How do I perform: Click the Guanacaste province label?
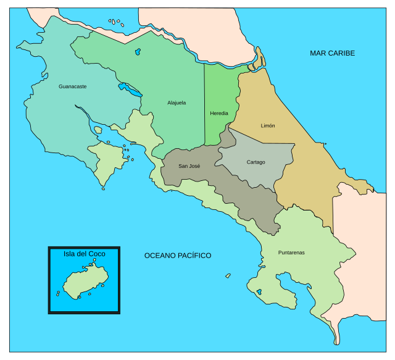coord(72,86)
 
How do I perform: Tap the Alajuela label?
coord(177,103)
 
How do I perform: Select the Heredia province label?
coord(219,113)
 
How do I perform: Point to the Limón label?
coord(268,125)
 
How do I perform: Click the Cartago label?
coord(256,162)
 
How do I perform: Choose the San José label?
coord(189,165)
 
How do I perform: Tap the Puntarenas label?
coord(291,252)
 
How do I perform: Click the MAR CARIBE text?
coord(332,53)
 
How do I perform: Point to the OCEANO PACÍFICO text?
coord(178,255)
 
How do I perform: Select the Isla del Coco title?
coord(85,253)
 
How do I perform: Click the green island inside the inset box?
coord(83,283)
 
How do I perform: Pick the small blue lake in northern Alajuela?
coord(138,52)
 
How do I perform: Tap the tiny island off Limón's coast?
coord(325,144)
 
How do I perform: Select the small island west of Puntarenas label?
coord(228,275)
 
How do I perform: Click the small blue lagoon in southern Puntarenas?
coord(259,291)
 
